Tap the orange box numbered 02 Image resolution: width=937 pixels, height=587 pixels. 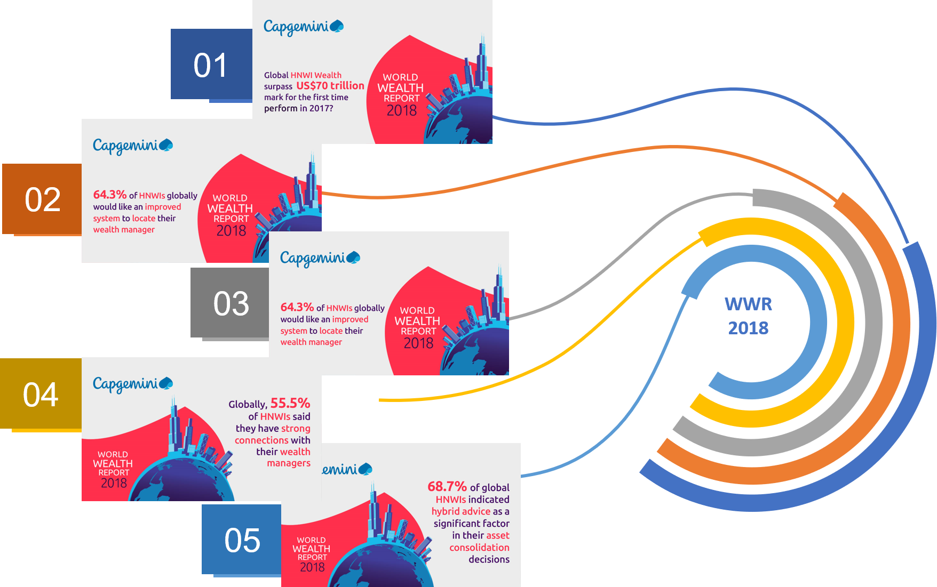tap(42, 199)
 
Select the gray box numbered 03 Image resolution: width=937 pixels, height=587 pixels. tap(231, 303)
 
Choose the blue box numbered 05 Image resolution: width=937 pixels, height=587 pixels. tap(242, 540)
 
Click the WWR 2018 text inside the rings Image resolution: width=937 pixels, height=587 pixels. tap(748, 316)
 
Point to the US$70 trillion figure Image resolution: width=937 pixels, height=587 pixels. tap(330, 86)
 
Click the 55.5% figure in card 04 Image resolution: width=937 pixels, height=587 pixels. tap(290, 403)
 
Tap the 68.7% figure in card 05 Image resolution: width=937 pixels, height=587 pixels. tap(447, 486)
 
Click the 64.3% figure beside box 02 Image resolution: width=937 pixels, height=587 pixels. tap(109, 195)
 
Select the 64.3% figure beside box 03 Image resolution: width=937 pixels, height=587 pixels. tap(297, 307)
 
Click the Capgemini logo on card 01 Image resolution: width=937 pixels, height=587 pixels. tap(303, 27)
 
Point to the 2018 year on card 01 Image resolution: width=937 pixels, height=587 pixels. tap(401, 110)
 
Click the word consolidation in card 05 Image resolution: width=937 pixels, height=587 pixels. tap(479, 548)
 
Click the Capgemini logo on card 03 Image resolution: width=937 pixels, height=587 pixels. tap(320, 259)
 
